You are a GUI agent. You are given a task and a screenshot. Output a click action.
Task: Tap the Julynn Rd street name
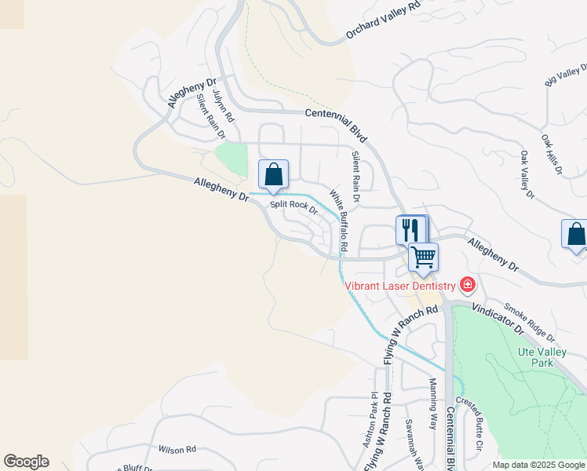(221, 105)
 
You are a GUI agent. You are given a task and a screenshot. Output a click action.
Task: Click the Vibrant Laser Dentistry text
(400, 287)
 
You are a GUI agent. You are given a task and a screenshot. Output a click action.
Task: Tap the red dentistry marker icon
(468, 284)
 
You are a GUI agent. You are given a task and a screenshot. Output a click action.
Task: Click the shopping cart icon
(423, 256)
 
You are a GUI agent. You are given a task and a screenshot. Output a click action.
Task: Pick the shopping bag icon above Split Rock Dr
(273, 173)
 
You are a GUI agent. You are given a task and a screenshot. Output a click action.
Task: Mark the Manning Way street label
(432, 403)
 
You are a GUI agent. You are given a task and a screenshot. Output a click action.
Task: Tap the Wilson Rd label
(177, 450)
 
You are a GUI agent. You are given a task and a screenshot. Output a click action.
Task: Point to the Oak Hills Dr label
(553, 153)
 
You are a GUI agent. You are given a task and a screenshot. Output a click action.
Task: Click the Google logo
(26, 462)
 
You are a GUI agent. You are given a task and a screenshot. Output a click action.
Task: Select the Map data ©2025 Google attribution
(538, 465)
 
